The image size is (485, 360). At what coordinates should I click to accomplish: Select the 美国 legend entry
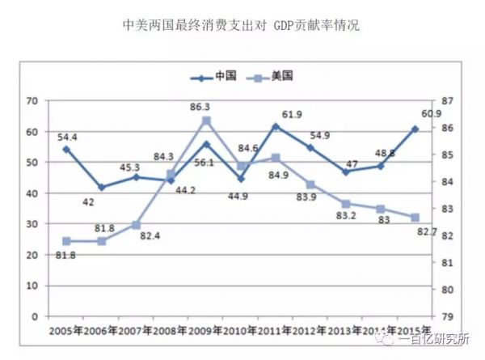coord(271,77)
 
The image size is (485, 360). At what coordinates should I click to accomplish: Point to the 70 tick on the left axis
coord(32,101)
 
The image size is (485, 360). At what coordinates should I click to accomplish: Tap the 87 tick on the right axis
coord(447,101)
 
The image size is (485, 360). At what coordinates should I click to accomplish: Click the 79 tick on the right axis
coord(447,316)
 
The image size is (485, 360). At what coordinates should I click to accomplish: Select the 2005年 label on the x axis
coord(67,331)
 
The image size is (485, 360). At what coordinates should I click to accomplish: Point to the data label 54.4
coord(68,136)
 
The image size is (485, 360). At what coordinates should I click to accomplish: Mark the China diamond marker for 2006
coord(101,187)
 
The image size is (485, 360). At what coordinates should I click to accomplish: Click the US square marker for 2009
coord(206,121)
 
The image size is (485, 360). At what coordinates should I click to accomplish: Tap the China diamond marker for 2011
coord(276,126)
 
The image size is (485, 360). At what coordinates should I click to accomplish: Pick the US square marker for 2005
coord(66,241)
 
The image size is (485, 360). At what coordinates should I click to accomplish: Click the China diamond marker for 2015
coord(415,129)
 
